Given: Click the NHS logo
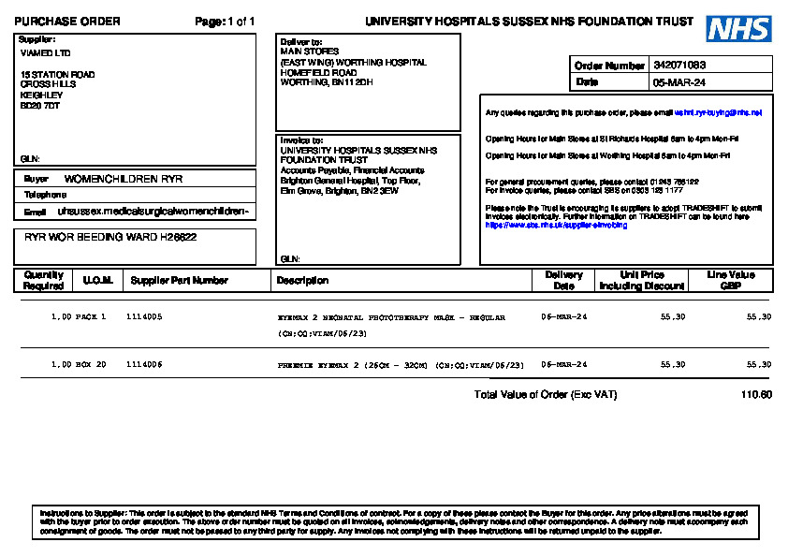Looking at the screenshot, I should coord(738,28).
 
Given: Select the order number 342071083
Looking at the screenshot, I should coord(679,66).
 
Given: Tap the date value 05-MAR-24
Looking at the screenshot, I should coord(679,82).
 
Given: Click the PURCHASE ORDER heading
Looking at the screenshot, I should coord(67,22).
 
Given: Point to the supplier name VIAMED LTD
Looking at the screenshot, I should coord(45,53).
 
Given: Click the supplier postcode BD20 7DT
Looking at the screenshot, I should coord(40,106).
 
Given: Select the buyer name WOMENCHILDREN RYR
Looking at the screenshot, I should coord(124,179).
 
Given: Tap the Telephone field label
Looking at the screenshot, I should coord(45,195).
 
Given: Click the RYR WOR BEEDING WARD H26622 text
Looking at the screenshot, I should coord(110,238).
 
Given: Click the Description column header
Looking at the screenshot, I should coord(302,280).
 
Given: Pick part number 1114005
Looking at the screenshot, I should coord(144,317).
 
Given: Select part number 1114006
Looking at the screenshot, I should coord(144,364).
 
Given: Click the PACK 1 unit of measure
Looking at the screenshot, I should coord(91,317).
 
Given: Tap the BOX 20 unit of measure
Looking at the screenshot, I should coord(91,364).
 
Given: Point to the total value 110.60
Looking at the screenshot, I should coord(756,395).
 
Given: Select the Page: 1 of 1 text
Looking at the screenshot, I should coord(225,22).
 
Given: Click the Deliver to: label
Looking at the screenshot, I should coord(301,42).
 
